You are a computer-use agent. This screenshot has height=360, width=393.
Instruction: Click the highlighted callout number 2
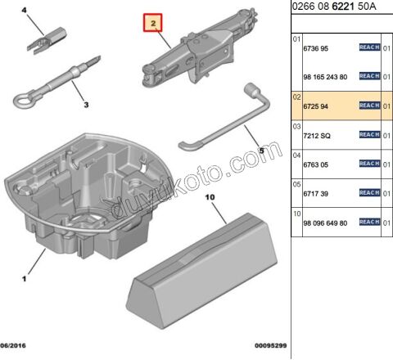click(151, 25)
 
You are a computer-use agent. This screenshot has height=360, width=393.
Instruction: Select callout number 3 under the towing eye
click(84, 105)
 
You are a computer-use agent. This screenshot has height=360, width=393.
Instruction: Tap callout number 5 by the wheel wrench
click(260, 151)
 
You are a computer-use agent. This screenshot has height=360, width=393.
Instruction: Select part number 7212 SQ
click(319, 134)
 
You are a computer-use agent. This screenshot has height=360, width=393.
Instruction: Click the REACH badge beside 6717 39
click(369, 193)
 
